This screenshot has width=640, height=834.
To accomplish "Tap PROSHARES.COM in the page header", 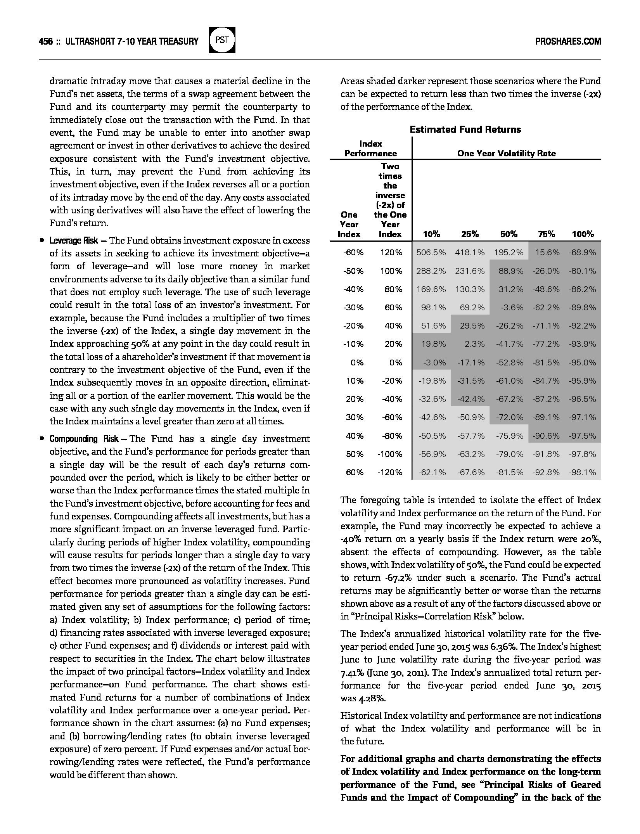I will (x=568, y=42).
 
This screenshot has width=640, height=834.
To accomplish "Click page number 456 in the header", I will (x=46, y=42).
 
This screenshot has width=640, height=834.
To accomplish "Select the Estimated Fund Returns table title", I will (x=465, y=130).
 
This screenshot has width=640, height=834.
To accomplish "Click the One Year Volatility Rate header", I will (x=506, y=154).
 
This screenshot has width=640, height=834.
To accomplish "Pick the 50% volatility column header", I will (x=509, y=234).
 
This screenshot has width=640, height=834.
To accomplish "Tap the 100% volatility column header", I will (x=583, y=234).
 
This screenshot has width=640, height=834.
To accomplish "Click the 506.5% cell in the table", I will (x=431, y=253).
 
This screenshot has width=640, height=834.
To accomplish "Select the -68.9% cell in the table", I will (x=582, y=253).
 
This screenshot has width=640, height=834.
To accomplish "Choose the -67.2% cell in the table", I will (x=510, y=399).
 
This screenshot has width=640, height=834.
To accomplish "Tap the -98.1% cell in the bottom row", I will (x=582, y=472).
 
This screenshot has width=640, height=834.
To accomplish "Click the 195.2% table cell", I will (x=509, y=253).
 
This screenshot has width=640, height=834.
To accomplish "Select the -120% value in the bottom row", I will (x=390, y=472).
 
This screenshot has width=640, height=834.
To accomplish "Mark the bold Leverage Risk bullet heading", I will (x=74, y=241).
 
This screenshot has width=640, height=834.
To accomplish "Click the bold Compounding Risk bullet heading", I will (x=84, y=439).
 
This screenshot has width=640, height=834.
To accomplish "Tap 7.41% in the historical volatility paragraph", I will (x=351, y=673).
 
